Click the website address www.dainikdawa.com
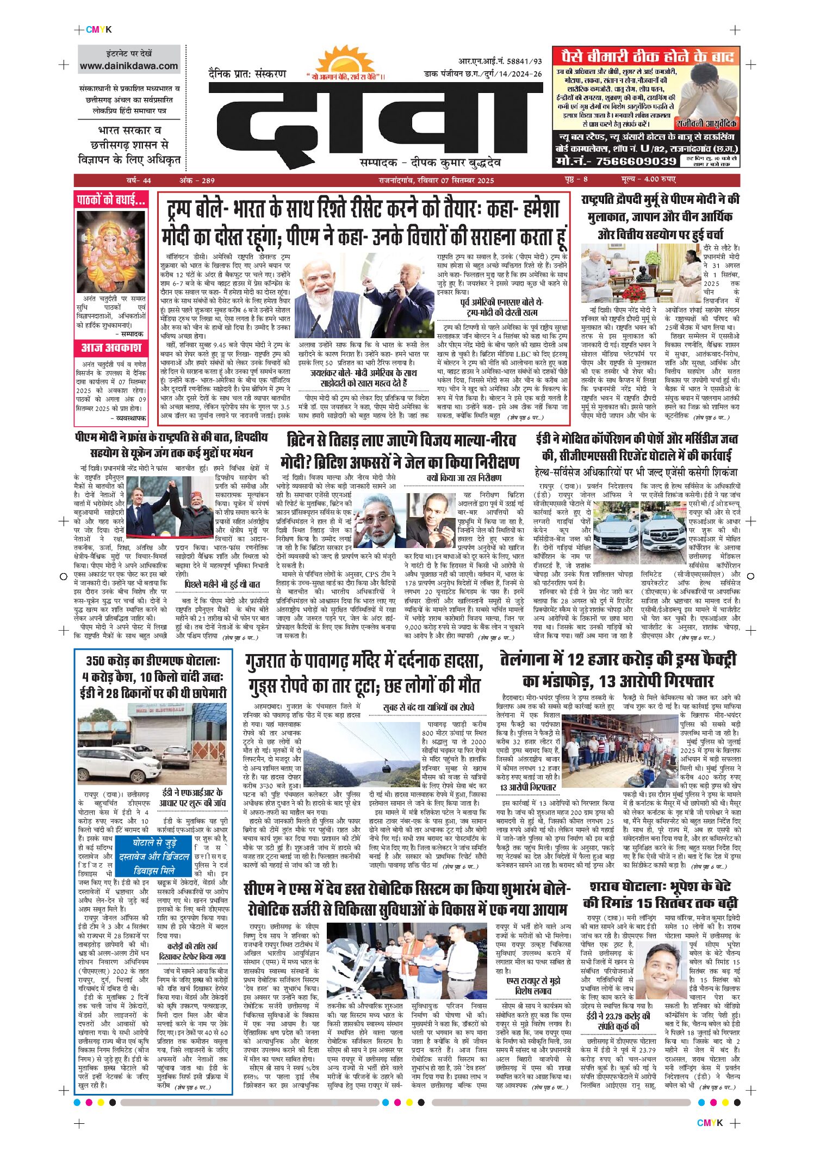click(129, 66)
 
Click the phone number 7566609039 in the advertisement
click(636, 161)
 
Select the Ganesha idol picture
click(111, 251)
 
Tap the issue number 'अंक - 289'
click(197, 180)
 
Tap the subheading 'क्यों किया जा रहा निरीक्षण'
click(464, 477)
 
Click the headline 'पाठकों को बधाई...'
click(111, 200)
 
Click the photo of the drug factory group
click(619, 751)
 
